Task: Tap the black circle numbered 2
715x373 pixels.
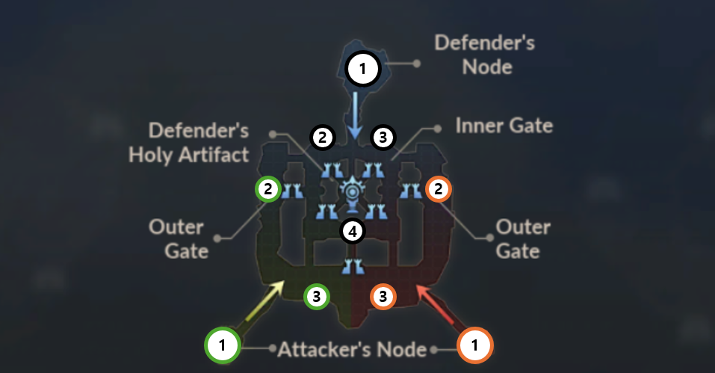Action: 321,137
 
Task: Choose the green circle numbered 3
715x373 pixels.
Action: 317,296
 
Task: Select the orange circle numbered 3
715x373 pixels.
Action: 383,296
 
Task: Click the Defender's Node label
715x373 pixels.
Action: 486,54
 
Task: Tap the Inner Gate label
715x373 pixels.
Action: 504,125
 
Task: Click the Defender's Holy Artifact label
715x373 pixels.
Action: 188,143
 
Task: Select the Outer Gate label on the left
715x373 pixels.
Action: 178,238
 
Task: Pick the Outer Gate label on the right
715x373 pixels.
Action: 524,238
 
